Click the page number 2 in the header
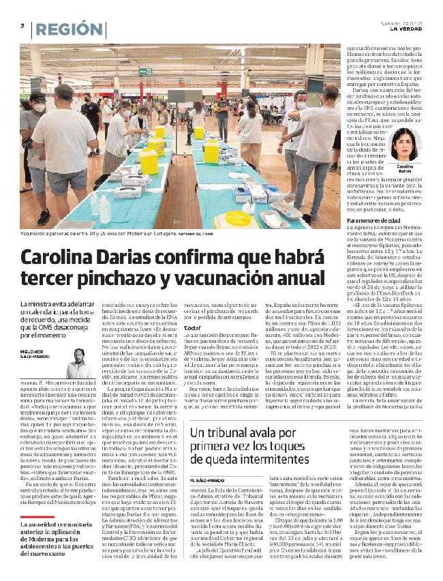[22, 27]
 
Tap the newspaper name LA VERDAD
[408, 29]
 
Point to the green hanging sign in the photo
[145, 71]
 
